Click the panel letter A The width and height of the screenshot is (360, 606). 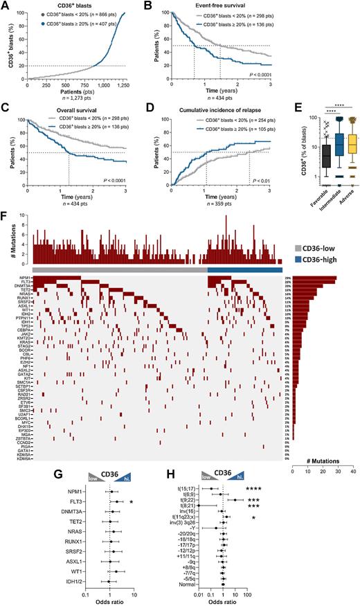pos(5,6)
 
